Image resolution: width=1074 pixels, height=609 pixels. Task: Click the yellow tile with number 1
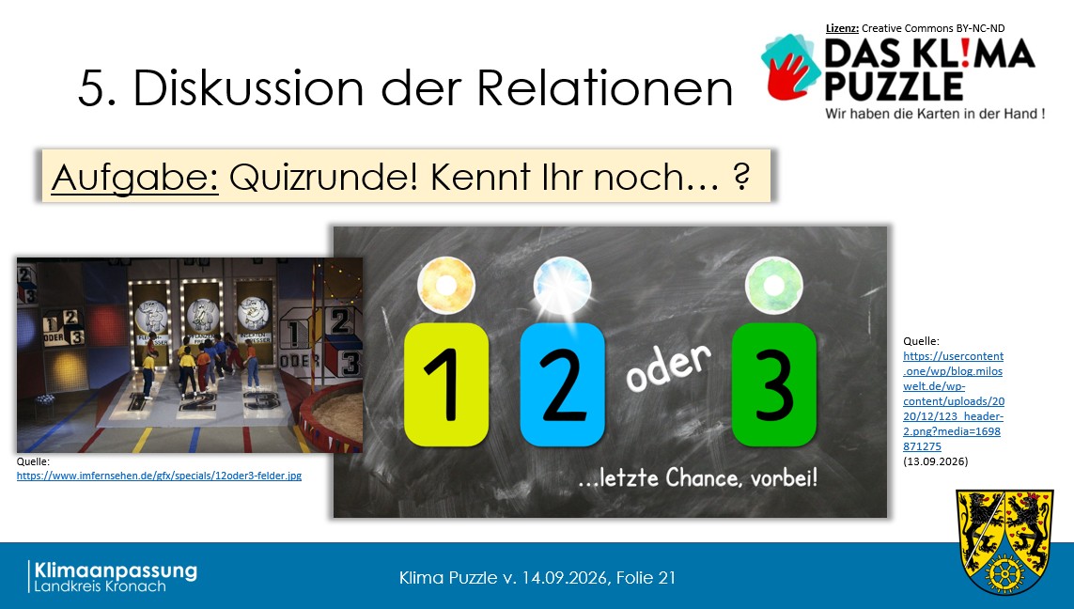click(x=446, y=384)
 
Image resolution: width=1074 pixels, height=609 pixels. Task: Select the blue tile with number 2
click(x=562, y=384)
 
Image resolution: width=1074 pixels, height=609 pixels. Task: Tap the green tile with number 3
click(x=774, y=384)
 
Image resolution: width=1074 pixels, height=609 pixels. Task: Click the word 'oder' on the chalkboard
click(x=668, y=367)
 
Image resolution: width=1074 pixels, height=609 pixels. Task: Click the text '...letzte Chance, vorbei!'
click(x=698, y=477)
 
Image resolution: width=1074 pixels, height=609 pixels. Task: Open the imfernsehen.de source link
click(x=159, y=476)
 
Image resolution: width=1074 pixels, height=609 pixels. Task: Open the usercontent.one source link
click(x=954, y=400)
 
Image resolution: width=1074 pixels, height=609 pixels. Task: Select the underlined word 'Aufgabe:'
click(x=135, y=178)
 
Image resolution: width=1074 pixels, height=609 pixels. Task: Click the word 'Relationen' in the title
click(x=605, y=87)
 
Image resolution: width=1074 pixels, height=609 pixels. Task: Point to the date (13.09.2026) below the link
click(x=936, y=461)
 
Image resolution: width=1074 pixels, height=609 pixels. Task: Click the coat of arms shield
click(x=1004, y=542)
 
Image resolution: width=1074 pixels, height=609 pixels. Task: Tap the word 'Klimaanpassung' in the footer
click(x=116, y=570)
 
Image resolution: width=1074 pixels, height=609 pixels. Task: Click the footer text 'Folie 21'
click(x=646, y=577)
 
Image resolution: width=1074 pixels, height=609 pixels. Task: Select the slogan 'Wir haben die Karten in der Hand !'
click(x=935, y=114)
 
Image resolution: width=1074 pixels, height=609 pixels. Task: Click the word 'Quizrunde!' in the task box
click(x=323, y=178)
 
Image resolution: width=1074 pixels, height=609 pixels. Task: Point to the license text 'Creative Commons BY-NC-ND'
click(x=933, y=28)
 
